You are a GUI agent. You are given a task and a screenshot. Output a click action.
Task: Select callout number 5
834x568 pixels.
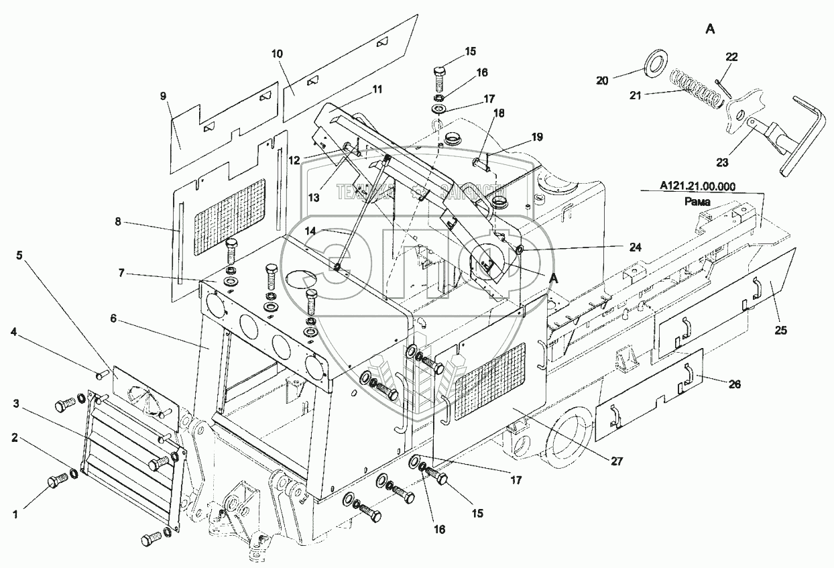pyautogui.click(x=19, y=255)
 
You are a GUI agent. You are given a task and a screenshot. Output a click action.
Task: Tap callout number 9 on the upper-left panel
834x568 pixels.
pyautogui.click(x=163, y=96)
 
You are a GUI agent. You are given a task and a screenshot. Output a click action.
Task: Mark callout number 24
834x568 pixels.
pyautogui.click(x=635, y=247)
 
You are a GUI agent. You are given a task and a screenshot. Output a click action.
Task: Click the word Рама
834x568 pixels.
pyautogui.click(x=697, y=201)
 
